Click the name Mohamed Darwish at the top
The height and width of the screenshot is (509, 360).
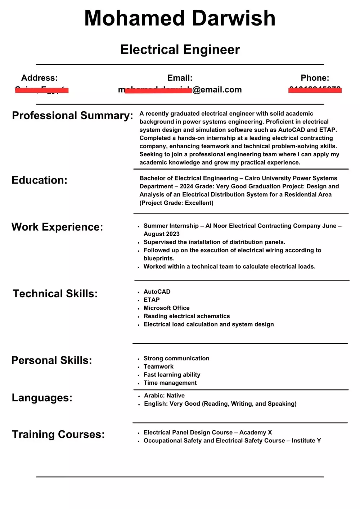pos(180,18)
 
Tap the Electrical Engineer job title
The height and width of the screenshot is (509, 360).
pos(180,50)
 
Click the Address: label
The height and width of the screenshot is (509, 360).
pos(39,78)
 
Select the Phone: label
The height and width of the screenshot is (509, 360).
pos(315,78)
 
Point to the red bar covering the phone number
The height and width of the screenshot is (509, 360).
pos(315,90)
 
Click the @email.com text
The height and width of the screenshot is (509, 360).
pos(217,90)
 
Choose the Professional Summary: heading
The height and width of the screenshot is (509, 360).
pos(72,116)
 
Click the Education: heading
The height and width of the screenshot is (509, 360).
pos(39,180)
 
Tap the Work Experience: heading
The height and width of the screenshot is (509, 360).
pos(57,227)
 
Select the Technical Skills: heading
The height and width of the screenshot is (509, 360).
pos(55,294)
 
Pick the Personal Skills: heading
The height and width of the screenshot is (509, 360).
pos(51,360)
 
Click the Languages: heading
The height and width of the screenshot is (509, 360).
pos(42,398)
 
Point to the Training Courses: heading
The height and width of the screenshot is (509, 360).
pos(58,434)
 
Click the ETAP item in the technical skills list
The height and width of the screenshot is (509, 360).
pos(152,300)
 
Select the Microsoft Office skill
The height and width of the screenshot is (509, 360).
pos(166,308)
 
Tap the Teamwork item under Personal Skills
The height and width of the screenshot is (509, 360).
pos(158,366)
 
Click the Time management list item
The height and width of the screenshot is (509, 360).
pos(170,383)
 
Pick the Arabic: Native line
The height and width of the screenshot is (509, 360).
pos(164,396)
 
